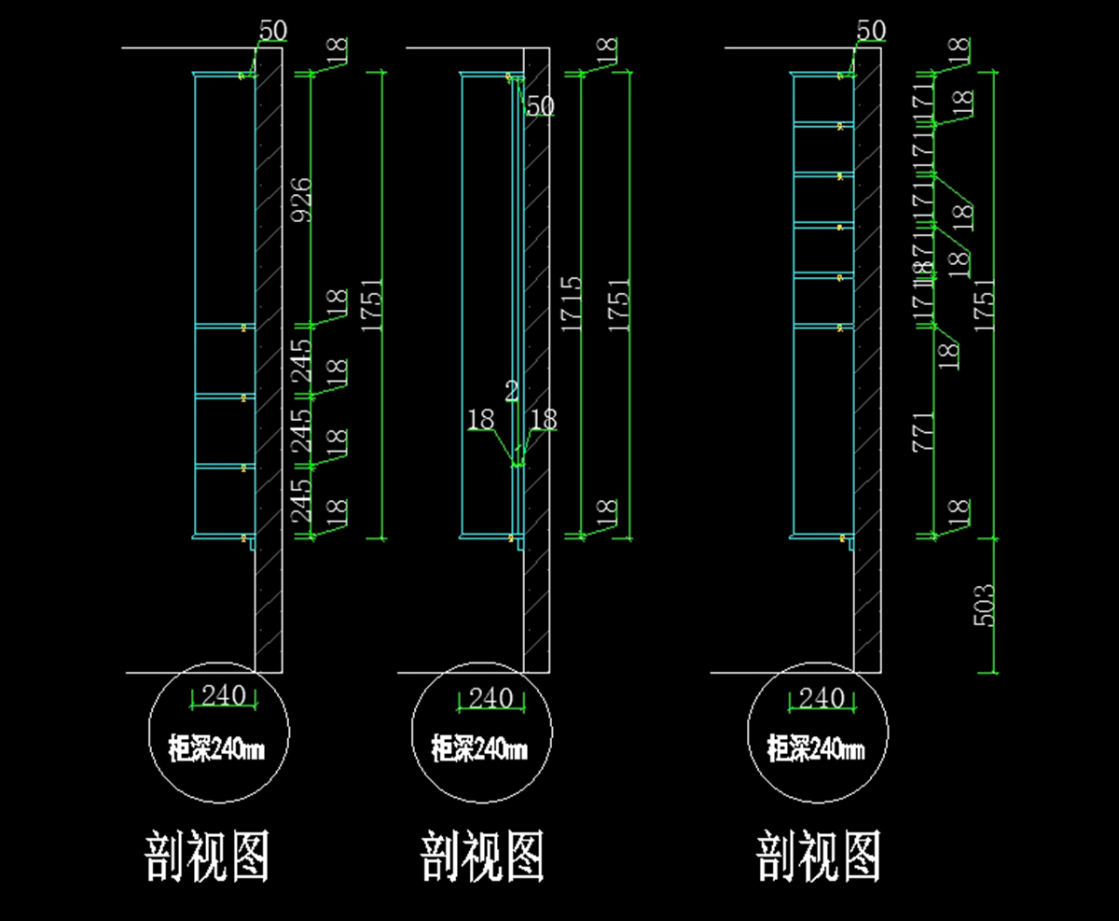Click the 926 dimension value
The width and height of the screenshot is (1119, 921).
[x=301, y=200]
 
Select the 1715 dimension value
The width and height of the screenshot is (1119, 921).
[x=572, y=303]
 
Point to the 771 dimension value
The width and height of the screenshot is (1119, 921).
[x=922, y=431]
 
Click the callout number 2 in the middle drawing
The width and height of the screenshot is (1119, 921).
[x=512, y=391]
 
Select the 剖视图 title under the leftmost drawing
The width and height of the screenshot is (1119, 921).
[x=207, y=857]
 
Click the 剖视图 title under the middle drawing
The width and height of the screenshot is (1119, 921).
[x=483, y=857]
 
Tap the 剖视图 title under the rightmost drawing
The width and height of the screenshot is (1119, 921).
[x=819, y=857]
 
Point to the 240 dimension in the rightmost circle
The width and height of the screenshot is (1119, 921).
[x=822, y=697]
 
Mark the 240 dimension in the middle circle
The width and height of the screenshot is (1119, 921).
[x=491, y=697]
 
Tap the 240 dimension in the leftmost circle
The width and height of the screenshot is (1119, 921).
[x=223, y=695]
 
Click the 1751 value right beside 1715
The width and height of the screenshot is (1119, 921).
[x=618, y=303]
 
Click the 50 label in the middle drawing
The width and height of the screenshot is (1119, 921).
[x=540, y=105]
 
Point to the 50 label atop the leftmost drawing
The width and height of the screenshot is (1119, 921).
[x=272, y=30]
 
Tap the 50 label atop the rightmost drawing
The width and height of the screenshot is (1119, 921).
[x=870, y=30]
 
